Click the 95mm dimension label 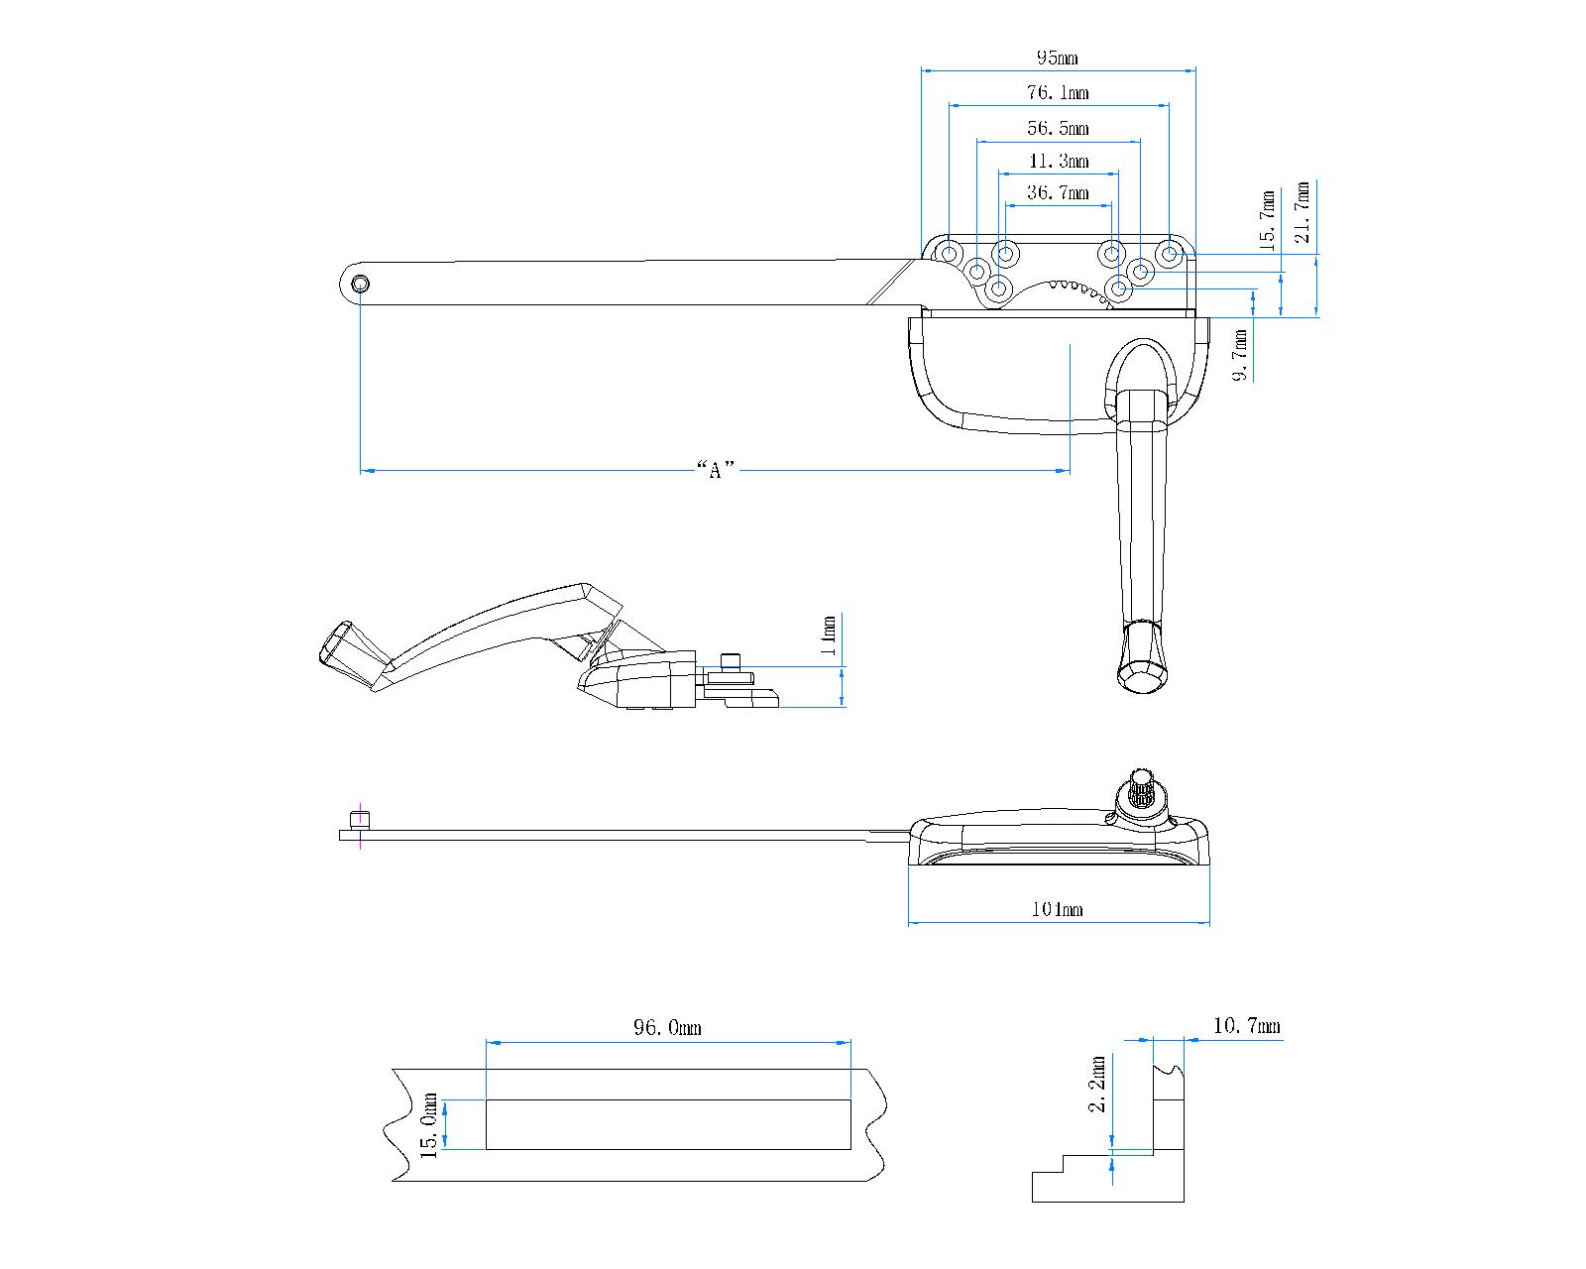pos(1057,58)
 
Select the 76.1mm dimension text pos(1057,93)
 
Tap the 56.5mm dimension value pos(1057,129)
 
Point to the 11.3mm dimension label pos(1058,162)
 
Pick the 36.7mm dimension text pos(1057,193)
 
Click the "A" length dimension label pos(715,470)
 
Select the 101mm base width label pos(1058,909)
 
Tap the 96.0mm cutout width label pos(667,1028)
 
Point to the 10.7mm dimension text pos(1246,1026)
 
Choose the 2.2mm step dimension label pos(1098,1085)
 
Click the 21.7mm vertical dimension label pos(1303,212)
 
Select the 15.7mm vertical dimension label pos(1267,220)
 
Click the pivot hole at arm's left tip pos(361,285)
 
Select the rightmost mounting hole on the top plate pos(1170,255)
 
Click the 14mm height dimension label pos(830,637)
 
